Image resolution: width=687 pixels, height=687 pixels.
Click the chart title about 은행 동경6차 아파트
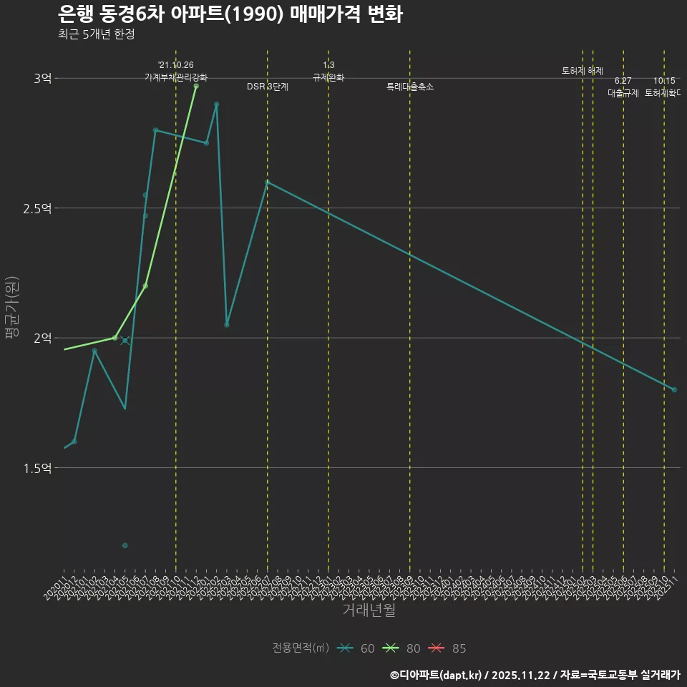229,14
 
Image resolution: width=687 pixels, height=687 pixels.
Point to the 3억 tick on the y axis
42,79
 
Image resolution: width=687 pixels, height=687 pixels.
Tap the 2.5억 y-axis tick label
37,208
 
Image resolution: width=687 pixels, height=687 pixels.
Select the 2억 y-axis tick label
42,338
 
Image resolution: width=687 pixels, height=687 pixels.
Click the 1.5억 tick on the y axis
37,468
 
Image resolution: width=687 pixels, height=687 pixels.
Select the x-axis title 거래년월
369,610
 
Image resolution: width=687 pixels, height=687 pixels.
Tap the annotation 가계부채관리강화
176,77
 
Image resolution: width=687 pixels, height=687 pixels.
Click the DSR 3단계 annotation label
268,87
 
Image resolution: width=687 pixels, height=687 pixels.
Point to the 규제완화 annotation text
328,77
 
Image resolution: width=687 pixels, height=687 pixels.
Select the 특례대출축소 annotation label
410,87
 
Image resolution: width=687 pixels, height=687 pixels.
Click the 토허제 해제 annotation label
583,71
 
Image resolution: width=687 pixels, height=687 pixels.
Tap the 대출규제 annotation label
623,92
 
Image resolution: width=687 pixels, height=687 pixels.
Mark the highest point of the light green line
196,86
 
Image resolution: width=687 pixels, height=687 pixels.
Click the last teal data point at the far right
674,389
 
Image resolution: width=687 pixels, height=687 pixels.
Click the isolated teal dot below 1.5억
125,545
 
